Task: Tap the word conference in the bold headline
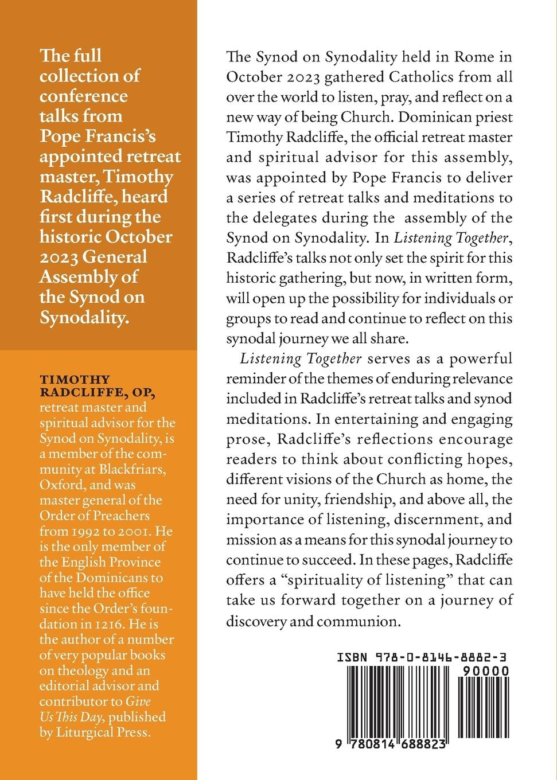click(83, 95)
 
